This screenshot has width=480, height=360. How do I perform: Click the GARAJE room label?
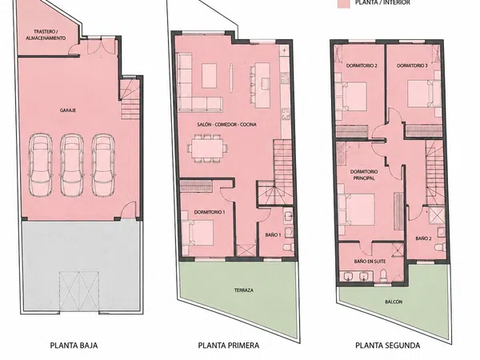tap(68, 110)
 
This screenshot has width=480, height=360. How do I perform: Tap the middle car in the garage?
tap(72, 165)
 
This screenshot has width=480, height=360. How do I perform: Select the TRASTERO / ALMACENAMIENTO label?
tap(46, 35)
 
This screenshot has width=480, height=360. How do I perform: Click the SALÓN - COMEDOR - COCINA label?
tap(227, 125)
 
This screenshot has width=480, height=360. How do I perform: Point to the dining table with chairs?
tap(208, 149)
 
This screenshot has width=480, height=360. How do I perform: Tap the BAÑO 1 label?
tap(273, 234)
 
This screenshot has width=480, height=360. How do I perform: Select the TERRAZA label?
tap(244, 290)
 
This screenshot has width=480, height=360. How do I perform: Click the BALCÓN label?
tap(394, 302)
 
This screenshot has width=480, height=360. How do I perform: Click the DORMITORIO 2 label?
tap(362, 66)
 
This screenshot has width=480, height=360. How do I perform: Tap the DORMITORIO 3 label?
tap(412, 66)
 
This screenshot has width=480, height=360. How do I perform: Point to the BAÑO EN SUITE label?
tap(370, 262)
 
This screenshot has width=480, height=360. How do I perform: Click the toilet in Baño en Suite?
tap(384, 275)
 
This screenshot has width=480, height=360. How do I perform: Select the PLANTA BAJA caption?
tap(74, 346)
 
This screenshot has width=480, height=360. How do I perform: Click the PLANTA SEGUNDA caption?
tap(387, 346)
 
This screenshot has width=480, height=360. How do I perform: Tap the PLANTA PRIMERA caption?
tap(229, 346)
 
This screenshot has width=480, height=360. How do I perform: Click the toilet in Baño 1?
tap(289, 246)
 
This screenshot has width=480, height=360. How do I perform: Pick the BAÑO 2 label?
tap(423, 238)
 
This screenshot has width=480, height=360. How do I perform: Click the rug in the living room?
tap(209, 76)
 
